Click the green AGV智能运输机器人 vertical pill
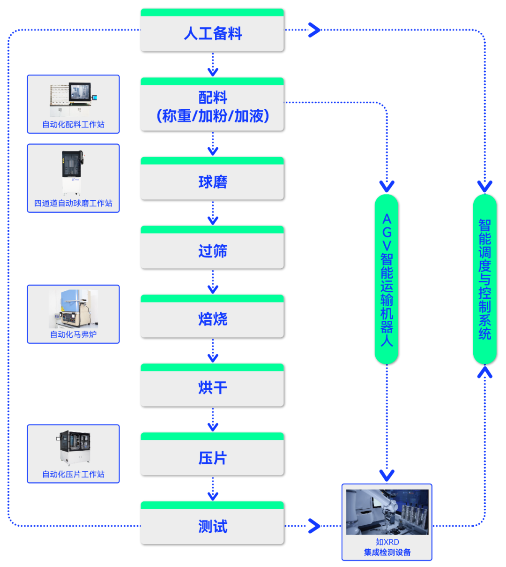coord(387,280)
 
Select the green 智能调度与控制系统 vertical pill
coord(484,280)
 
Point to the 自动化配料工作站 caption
coord(73,124)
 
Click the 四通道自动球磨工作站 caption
coord(73,203)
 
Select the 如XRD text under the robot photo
coord(387,542)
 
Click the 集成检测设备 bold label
coord(387,552)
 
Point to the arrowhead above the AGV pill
coord(387,186)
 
